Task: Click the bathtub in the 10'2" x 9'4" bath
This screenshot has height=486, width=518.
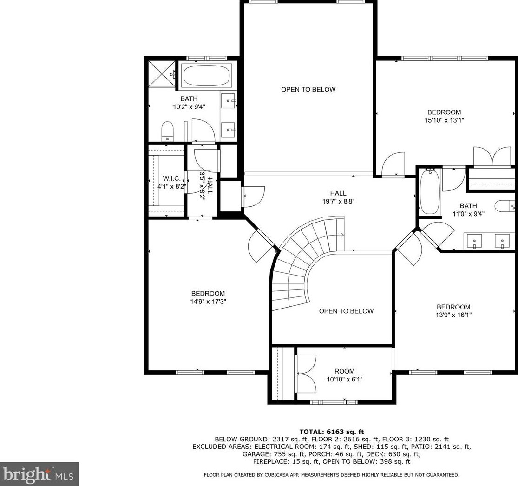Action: (206, 75)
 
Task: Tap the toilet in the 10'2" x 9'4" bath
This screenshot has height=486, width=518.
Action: (167, 131)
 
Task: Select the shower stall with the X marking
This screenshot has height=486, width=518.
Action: (162, 74)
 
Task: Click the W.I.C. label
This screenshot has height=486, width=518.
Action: (172, 178)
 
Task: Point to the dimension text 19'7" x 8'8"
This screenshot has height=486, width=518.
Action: (338, 201)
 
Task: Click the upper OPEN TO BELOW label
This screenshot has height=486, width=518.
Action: (308, 89)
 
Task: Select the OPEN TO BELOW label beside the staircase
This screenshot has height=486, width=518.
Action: (346, 311)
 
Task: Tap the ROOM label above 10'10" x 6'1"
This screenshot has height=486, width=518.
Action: (345, 371)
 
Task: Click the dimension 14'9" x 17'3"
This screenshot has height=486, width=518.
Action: (208, 302)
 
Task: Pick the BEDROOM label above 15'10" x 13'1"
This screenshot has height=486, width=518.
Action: (444, 112)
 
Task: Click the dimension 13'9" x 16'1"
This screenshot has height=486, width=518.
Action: (453, 315)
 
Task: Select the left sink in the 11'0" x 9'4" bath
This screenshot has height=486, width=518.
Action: (474, 241)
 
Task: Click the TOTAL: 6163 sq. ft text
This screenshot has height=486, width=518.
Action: (331, 432)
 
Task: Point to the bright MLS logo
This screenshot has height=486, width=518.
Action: (39, 474)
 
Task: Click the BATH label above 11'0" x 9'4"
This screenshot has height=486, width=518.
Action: (468, 205)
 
